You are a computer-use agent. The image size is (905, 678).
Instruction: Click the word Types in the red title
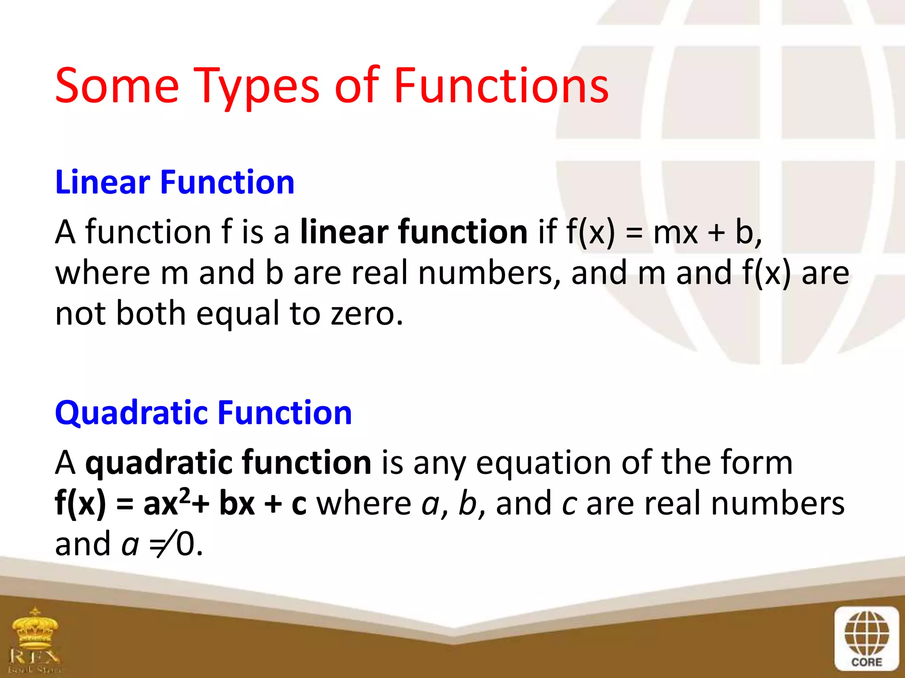coord(257,87)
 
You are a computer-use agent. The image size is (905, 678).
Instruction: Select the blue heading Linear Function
coord(175,182)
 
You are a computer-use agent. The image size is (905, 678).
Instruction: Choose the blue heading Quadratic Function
coord(203,413)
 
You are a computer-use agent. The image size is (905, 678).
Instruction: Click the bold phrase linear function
coord(414,232)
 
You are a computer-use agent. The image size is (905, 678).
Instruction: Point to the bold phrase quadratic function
coord(228,463)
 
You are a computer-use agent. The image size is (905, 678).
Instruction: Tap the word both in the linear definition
coord(150,313)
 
